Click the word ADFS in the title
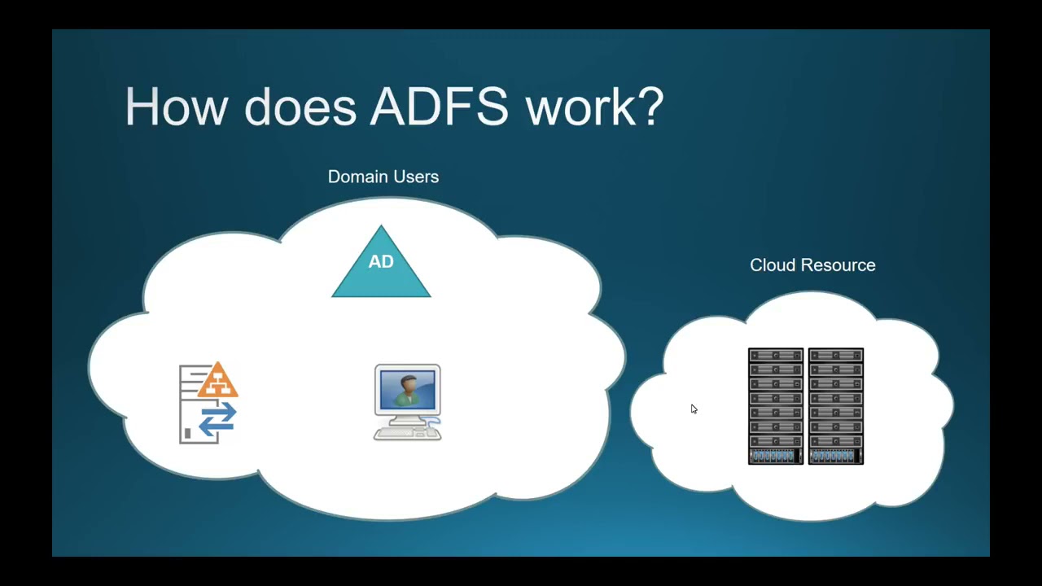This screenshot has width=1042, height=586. pos(440,107)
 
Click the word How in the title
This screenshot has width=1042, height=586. pos(175,107)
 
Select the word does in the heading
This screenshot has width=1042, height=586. pos(300,107)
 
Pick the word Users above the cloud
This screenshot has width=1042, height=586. pos(415,177)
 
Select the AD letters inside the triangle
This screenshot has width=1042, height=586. pos(381,261)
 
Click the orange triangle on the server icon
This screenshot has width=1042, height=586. pos(217,381)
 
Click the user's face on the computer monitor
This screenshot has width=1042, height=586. pos(407,383)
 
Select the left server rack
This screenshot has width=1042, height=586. pos(776,406)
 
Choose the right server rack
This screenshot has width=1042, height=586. pos(836,406)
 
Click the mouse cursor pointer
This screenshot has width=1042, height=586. pos(694,409)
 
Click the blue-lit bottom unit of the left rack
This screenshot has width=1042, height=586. pos(775,456)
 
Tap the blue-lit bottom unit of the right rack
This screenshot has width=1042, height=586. pos(835,456)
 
